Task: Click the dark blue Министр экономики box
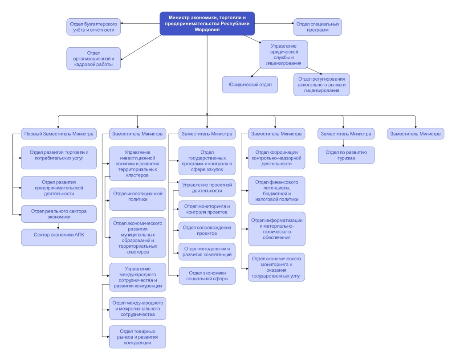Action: pos(207,23)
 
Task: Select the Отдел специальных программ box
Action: pos(318,27)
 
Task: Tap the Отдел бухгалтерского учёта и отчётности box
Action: pos(94,27)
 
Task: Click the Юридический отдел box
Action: pos(250,84)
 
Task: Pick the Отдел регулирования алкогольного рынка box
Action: pos(322,84)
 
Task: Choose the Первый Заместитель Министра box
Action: pos(59,133)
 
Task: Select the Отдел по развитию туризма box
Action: pos(346,155)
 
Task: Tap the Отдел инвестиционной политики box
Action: pos(137,199)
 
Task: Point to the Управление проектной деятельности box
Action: pos(207,188)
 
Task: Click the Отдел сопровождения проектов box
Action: pos(207,230)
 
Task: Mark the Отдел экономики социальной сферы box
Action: pos(207,276)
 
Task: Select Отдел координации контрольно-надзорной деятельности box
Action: pos(277,158)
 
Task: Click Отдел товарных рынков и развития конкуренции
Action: pos(137,337)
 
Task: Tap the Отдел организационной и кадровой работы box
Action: pos(94,58)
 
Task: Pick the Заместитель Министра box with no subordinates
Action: pos(415,133)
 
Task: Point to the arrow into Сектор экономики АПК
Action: pos(59,226)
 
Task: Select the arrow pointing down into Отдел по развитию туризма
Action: pos(343,143)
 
